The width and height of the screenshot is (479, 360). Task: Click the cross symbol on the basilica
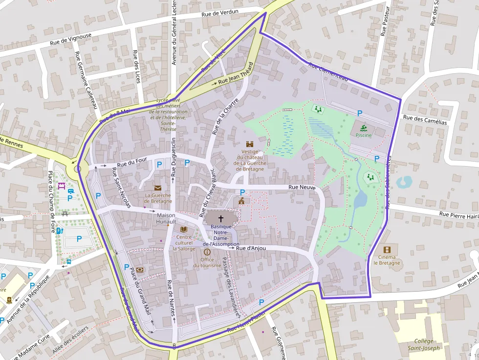(220, 218)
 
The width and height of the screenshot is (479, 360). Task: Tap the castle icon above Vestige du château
(250, 145)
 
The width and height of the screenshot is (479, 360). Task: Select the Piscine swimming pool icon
(363, 128)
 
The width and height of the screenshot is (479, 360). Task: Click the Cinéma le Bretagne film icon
(387, 250)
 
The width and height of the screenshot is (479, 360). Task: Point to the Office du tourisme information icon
(207, 252)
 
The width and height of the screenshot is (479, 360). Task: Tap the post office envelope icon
(157, 188)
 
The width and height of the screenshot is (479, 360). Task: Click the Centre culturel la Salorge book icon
(184, 229)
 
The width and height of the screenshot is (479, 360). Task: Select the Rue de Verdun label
(220, 13)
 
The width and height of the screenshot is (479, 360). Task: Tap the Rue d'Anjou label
(251, 248)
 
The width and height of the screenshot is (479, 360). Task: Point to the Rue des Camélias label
(424, 120)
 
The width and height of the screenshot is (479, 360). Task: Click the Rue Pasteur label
(385, 21)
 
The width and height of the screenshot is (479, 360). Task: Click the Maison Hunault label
(166, 218)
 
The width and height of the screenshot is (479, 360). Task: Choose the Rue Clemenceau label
(328, 72)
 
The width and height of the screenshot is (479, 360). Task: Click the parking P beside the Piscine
(360, 113)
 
